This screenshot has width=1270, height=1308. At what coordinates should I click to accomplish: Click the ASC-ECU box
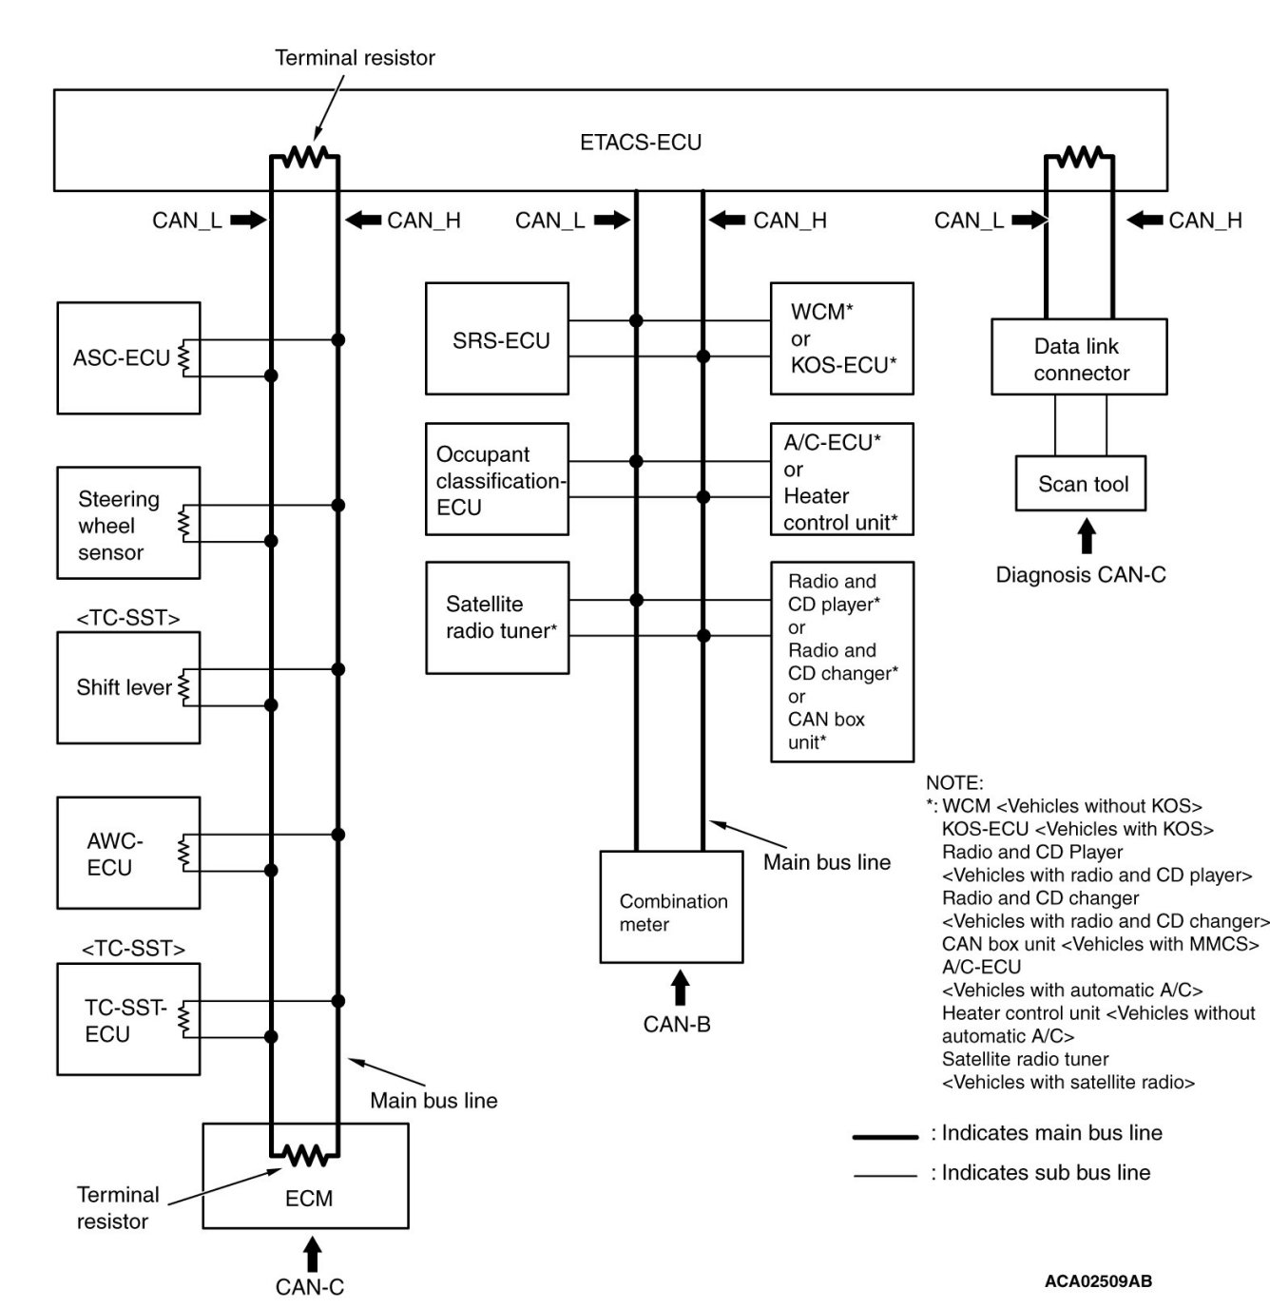128,357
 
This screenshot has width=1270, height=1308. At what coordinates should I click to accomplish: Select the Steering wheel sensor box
128,522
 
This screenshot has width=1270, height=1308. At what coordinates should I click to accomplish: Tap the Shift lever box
128,687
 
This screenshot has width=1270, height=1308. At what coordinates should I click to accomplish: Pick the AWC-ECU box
128,853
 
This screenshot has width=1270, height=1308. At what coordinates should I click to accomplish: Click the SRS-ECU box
497,338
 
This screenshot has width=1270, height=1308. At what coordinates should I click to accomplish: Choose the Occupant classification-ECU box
497,478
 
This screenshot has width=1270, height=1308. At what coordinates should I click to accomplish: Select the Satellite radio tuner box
497,617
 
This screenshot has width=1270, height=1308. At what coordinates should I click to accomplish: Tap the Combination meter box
671,906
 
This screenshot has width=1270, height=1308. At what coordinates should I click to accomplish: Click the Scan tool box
1080,483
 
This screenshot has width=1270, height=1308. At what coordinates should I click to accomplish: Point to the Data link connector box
1078,356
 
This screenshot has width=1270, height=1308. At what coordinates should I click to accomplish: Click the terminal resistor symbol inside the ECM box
304,1155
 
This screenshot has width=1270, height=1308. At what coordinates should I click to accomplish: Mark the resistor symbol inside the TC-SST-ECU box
183,1019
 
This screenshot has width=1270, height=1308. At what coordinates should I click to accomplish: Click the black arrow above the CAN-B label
680,987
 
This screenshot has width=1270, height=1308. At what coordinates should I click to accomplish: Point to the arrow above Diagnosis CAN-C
1087,536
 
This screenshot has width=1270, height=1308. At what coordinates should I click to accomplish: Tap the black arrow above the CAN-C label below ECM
312,1254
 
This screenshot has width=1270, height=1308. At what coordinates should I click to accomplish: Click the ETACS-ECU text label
640,142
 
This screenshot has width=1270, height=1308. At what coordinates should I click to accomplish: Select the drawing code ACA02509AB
1097,1280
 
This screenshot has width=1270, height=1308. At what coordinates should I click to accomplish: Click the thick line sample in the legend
885,1137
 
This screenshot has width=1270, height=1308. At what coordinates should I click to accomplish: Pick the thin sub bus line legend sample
885,1176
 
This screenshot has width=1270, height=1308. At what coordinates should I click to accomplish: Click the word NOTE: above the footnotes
953,782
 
